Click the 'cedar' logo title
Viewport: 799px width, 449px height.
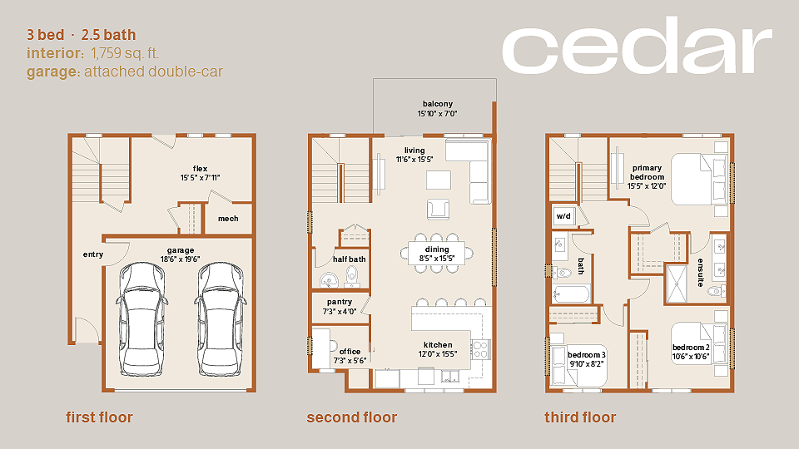[x=637, y=45]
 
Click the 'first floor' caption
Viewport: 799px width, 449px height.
[x=99, y=417]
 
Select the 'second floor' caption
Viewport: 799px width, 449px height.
[x=351, y=417]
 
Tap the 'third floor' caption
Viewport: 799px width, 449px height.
[x=580, y=417]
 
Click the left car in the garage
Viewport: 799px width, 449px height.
[x=142, y=319]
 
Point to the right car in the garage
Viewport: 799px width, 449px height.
[x=221, y=319]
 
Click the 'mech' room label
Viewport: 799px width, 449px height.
[x=228, y=219]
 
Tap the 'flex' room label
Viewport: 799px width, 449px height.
[x=201, y=169]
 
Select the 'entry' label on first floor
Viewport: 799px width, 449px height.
[x=93, y=254]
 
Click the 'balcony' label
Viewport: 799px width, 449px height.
[x=438, y=104]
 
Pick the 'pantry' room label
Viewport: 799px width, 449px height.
[x=340, y=302]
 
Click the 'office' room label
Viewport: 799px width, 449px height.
[x=350, y=351]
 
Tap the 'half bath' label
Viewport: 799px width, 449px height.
[x=350, y=259]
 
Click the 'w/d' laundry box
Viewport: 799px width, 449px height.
[x=563, y=216]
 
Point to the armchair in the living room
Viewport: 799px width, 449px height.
[x=439, y=210]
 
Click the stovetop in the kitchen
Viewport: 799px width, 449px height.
[x=480, y=349]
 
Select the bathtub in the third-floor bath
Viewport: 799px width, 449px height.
[x=571, y=294]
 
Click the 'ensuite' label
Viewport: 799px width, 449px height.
[x=701, y=273]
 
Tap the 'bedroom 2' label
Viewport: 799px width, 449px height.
[x=691, y=348]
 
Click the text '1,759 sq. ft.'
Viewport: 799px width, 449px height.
[x=126, y=53]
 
